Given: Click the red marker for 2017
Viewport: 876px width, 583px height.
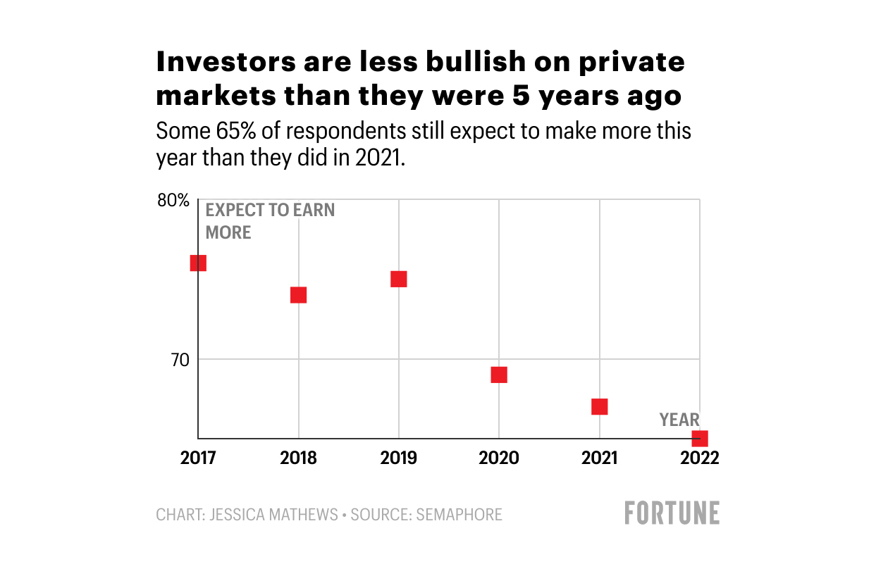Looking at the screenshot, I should tap(198, 263).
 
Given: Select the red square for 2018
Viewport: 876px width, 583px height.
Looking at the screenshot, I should tap(298, 294).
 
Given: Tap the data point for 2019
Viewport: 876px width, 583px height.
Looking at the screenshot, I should tap(399, 279).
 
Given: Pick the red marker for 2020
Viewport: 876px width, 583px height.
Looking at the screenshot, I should tap(499, 375).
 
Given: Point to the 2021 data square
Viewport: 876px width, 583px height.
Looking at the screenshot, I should tap(600, 406).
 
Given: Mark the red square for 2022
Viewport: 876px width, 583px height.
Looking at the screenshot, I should tap(699, 438).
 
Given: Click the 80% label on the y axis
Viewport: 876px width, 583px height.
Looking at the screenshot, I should tap(173, 201).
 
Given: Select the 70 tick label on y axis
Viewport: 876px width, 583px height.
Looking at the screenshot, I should tap(180, 360).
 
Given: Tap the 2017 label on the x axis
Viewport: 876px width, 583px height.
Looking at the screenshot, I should tap(198, 458).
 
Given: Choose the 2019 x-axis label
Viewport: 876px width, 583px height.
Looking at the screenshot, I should tap(399, 458).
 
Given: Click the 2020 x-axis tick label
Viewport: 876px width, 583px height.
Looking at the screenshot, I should tap(499, 458).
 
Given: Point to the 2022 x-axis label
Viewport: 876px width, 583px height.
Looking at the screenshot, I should tap(699, 458).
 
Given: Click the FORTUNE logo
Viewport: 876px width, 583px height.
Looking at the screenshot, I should tap(672, 513).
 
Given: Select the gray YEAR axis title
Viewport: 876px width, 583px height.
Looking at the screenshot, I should tap(679, 420).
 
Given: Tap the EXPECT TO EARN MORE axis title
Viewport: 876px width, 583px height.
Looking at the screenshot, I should tap(269, 221).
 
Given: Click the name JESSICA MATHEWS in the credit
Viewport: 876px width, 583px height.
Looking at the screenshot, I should tap(271, 515).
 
